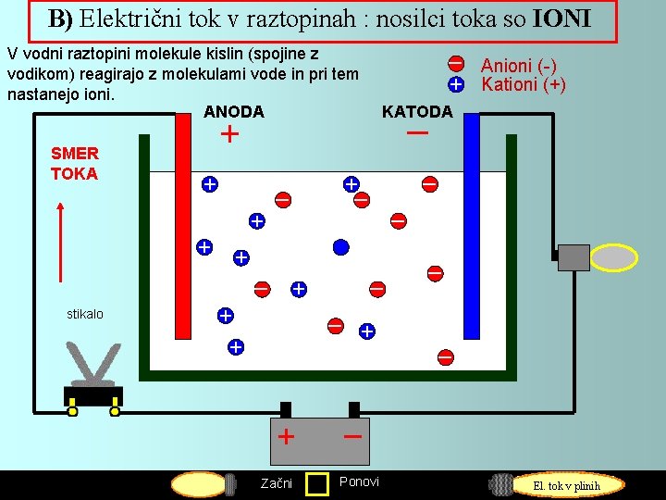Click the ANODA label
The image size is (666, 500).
[233, 112]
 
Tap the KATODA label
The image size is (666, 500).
[417, 112]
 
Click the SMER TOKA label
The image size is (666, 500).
[74, 164]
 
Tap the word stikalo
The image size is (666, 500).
[85, 314]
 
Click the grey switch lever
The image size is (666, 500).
[92, 364]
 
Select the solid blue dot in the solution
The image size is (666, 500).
[340, 246]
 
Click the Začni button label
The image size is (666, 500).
[276, 483]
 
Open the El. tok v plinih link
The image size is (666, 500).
[565, 485]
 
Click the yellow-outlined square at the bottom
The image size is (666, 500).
[317, 483]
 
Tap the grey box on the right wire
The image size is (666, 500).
[573, 256]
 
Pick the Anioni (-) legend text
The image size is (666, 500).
[518, 65]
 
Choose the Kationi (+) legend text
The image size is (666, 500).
[523, 84]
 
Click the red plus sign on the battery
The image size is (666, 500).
[287, 436]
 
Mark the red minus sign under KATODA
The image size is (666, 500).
[417, 134]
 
